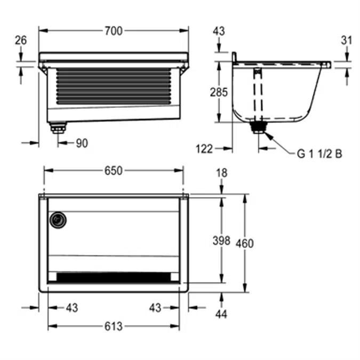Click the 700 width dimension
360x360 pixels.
pos(113,31)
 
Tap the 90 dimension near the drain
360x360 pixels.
pos(81,143)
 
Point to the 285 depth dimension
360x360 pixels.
pos(218,92)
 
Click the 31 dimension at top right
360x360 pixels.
pos(346,39)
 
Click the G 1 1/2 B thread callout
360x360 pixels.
pos(319,154)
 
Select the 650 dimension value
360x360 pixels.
pos(113,171)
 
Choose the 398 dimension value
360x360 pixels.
pos(221,241)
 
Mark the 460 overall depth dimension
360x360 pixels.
pos(244,243)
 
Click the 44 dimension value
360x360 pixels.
pos(221,315)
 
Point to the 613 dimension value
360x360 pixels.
pos(113,326)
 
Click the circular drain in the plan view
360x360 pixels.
pos(57,219)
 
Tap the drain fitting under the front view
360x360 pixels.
pos(58,127)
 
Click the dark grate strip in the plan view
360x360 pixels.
pos(114,277)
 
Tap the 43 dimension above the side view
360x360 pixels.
pos(219,31)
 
